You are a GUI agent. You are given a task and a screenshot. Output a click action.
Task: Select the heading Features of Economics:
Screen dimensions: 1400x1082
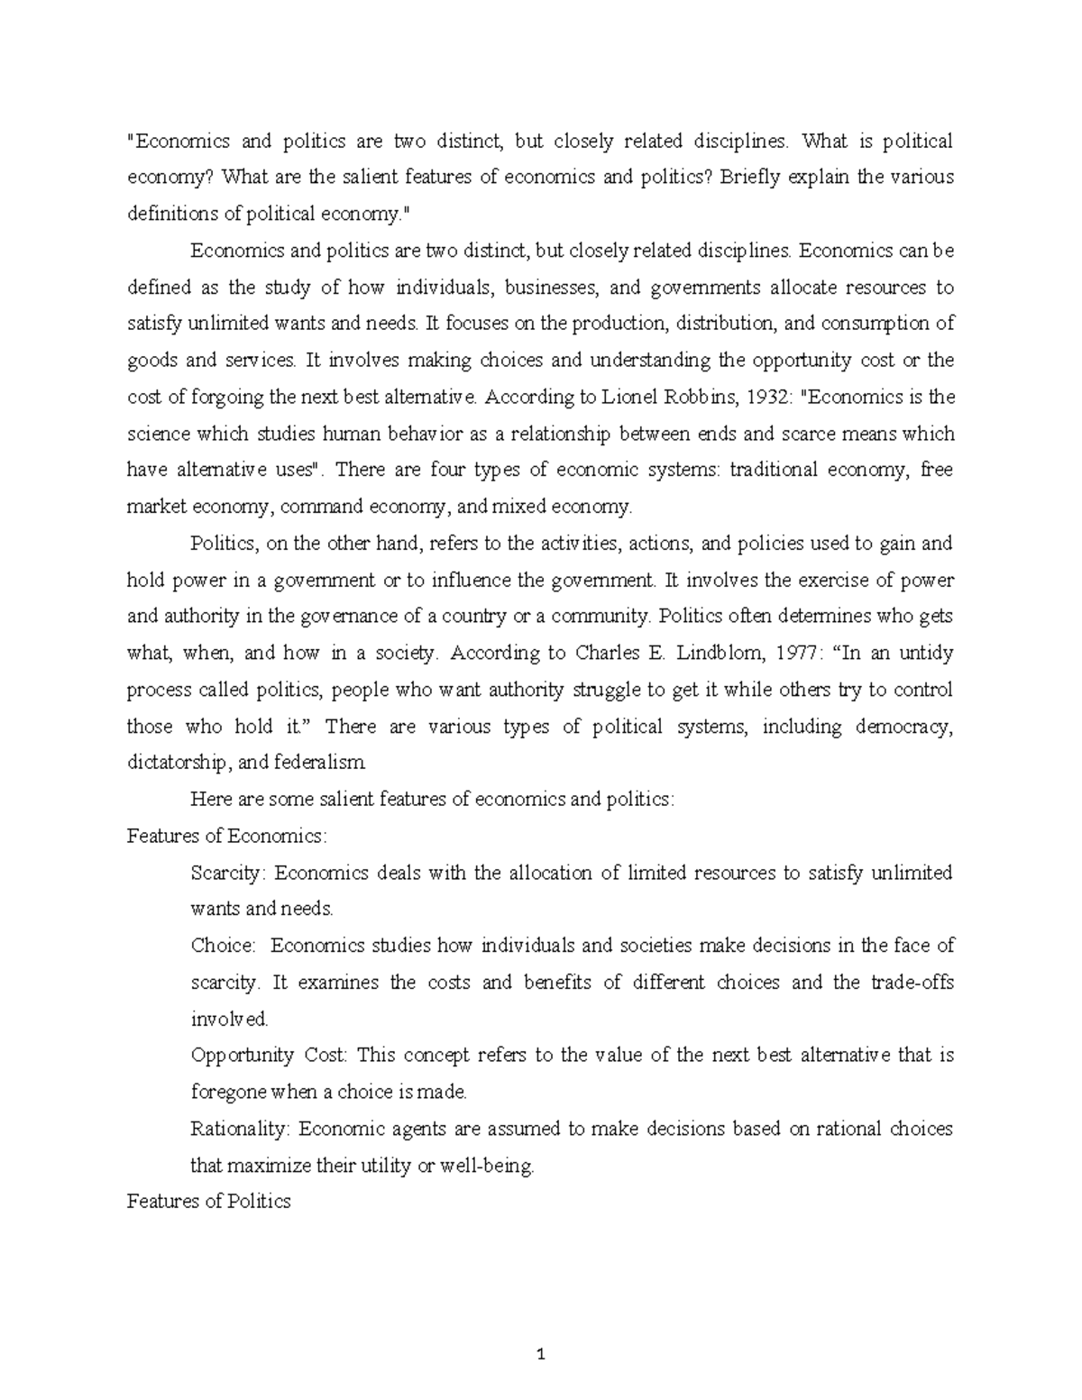(227, 836)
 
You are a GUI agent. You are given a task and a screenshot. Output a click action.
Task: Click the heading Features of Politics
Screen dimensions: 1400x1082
(208, 1202)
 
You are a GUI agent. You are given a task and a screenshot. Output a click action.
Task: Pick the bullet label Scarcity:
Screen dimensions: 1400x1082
(228, 873)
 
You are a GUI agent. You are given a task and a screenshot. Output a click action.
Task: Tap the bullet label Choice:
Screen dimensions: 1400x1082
(223, 946)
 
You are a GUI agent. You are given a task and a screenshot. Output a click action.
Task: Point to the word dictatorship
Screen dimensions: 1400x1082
(178, 763)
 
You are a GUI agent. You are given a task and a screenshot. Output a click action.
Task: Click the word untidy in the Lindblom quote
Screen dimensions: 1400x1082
(925, 653)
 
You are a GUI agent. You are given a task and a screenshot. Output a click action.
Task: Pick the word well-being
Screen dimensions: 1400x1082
(495, 1166)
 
